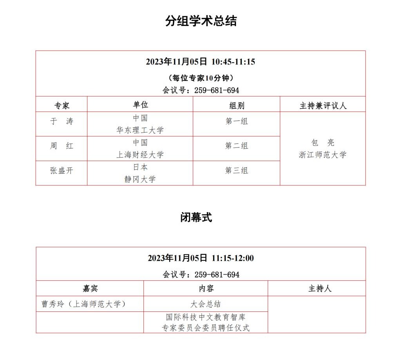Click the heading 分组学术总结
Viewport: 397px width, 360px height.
(201, 21)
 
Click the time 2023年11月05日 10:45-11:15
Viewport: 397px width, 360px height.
(200, 62)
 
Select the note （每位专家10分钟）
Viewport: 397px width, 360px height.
(201, 77)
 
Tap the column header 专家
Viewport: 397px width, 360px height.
(62, 105)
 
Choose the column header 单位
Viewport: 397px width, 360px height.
(140, 105)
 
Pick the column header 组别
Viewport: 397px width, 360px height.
(236, 105)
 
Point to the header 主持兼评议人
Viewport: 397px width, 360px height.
(323, 105)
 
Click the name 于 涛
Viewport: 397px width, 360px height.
(62, 122)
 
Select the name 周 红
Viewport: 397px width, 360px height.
(62, 146)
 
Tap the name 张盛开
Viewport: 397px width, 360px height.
(62, 171)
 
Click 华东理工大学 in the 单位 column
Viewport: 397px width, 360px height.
(140, 130)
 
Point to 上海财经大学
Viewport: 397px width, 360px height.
(140, 155)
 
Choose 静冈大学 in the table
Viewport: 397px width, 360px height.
(140, 179)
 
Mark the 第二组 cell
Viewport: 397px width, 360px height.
(236, 146)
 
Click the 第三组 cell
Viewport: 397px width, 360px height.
(236, 171)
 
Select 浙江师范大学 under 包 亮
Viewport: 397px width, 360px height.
(323, 155)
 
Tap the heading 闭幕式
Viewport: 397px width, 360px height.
(196, 218)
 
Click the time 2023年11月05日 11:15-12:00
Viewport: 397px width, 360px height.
(201, 258)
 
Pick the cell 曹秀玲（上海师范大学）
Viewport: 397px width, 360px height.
(84, 304)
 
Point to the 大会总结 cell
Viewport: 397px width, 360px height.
(206, 304)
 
